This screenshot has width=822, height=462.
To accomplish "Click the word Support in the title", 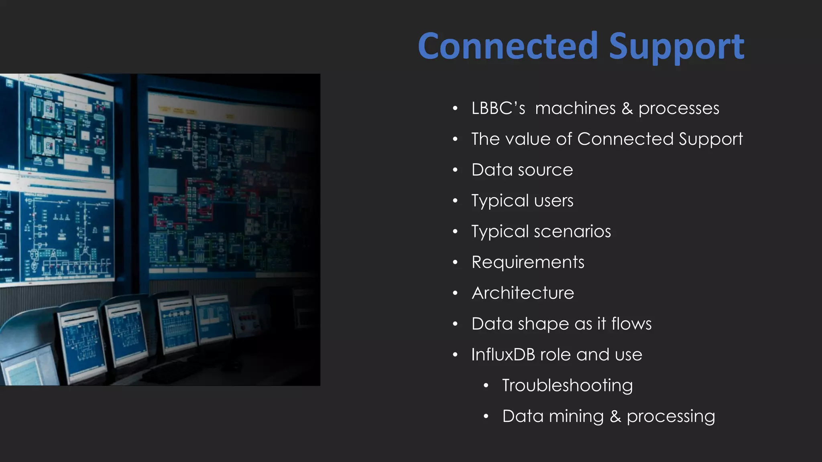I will click(677, 47).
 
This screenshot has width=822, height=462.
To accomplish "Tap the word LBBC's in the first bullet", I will click(498, 108).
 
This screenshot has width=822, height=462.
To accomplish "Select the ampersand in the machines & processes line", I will click(627, 109).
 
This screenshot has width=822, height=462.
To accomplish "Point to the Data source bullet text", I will click(522, 170).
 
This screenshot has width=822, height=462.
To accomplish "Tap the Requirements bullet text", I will click(528, 262).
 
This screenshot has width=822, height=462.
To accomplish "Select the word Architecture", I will click(523, 293).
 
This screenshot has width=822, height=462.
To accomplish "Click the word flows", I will click(631, 324).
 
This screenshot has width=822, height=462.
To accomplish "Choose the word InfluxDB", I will click(503, 355).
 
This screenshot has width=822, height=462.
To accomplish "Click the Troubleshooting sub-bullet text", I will click(567, 385).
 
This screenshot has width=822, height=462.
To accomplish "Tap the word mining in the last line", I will click(576, 416).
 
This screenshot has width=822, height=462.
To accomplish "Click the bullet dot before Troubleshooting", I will click(486, 386).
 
